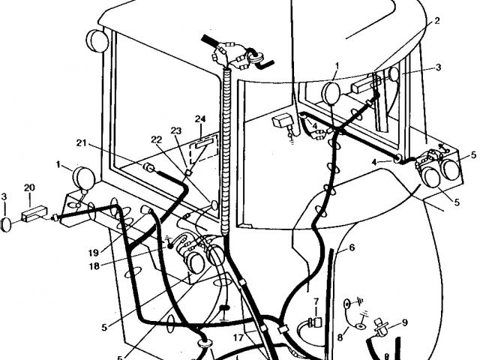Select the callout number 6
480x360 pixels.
[352, 247]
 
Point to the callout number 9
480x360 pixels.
[404, 323]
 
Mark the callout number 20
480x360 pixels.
[30, 187]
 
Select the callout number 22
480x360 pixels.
[156, 139]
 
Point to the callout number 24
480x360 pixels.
[199, 119]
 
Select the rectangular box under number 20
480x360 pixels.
[34, 214]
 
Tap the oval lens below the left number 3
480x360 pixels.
[7, 223]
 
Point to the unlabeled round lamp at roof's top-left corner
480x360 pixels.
[97, 39]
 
